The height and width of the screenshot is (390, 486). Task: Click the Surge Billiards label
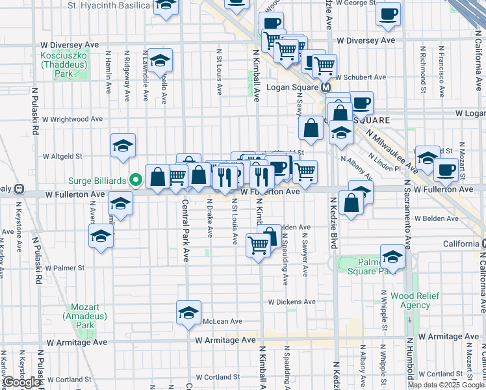coord(97,180)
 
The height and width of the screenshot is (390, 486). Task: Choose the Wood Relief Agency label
coord(415,301)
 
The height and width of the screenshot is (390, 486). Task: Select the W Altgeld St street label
coord(62,156)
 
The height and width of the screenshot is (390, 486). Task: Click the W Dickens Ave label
coord(292,302)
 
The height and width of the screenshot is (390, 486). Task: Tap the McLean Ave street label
coord(222,321)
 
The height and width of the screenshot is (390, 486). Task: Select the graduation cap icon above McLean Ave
coord(188,313)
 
